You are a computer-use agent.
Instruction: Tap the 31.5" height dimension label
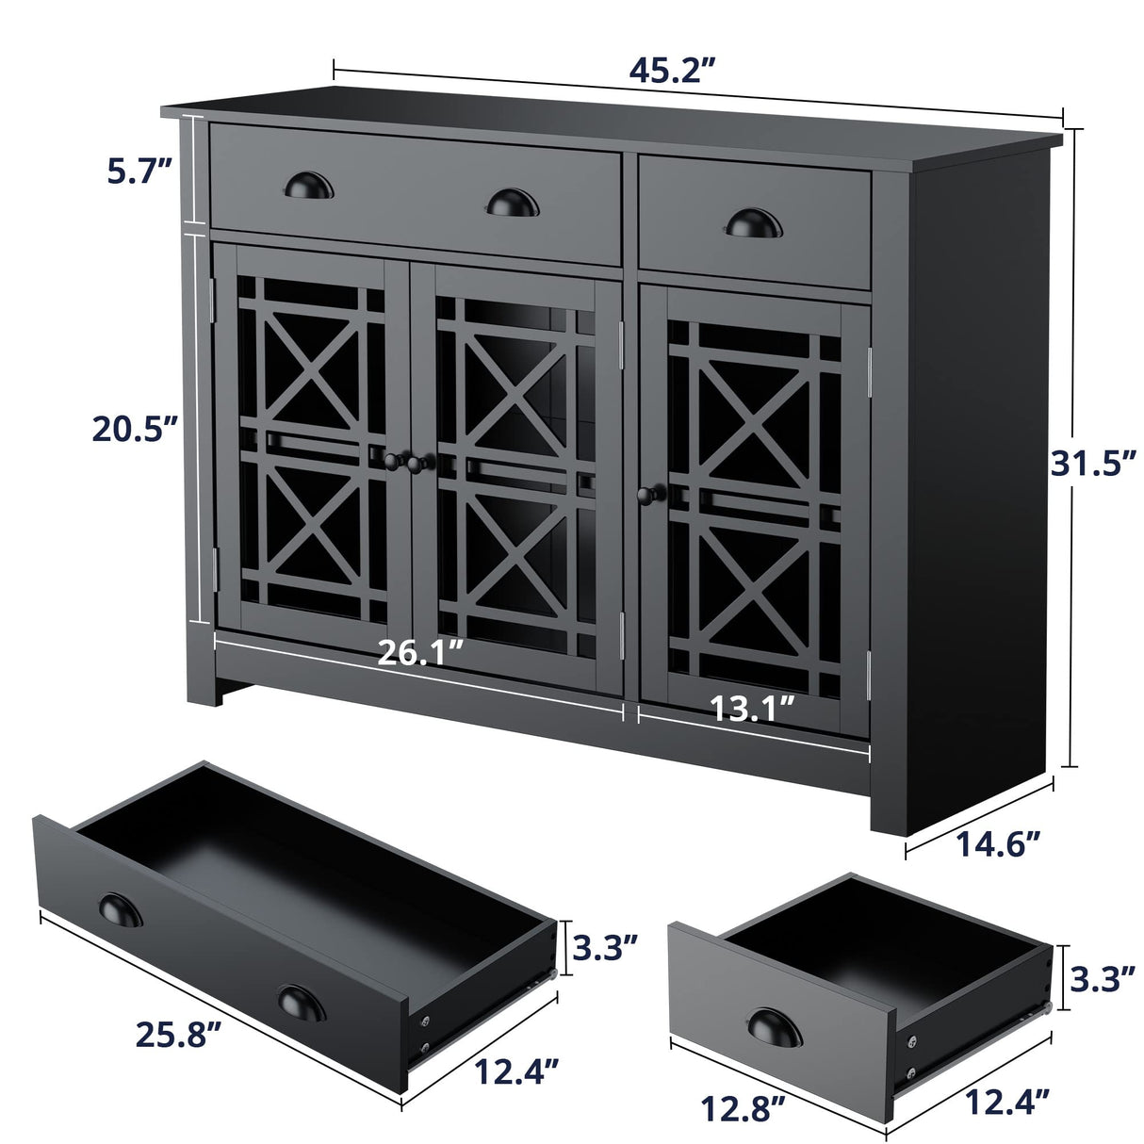1090,463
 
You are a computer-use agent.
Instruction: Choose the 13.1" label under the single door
752,707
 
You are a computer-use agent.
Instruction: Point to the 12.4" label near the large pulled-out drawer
515,1070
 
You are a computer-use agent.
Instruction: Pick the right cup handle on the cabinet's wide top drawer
511,201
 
